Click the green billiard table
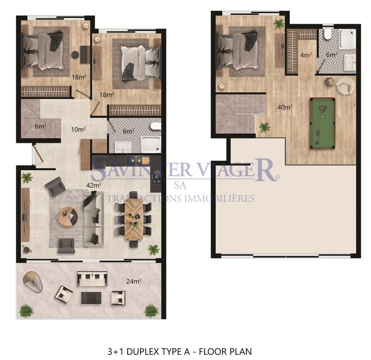(322, 123)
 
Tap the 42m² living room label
(94, 185)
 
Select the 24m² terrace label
(134, 281)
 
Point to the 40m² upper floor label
(285, 107)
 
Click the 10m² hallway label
(78, 129)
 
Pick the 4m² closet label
(306, 55)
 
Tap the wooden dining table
(134, 219)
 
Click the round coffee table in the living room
(67, 217)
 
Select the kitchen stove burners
(156, 177)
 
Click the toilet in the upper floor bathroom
(328, 34)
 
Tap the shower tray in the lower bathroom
(151, 144)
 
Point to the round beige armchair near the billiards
(345, 86)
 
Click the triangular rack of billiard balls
(322, 109)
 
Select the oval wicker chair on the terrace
(33, 282)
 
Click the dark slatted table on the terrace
(91, 298)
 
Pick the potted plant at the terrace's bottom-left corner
(26, 311)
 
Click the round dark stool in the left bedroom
(75, 55)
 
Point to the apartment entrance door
(38, 154)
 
